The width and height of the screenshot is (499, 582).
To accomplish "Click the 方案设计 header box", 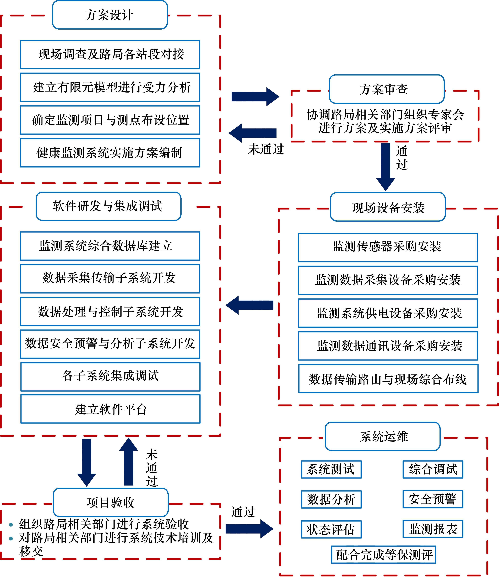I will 110,15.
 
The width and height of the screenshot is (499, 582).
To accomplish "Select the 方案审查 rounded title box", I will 386,89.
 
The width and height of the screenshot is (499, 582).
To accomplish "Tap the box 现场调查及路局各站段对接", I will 110,55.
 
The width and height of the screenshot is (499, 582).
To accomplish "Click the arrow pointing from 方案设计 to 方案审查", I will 255,97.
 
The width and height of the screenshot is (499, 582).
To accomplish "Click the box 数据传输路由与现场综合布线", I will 388,379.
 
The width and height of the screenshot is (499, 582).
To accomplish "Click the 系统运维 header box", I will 382,436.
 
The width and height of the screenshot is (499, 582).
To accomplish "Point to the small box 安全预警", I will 432,499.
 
